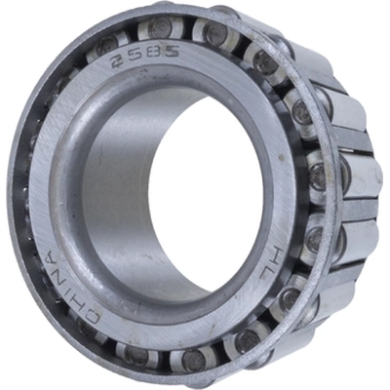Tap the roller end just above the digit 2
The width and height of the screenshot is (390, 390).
pos(104,43)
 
